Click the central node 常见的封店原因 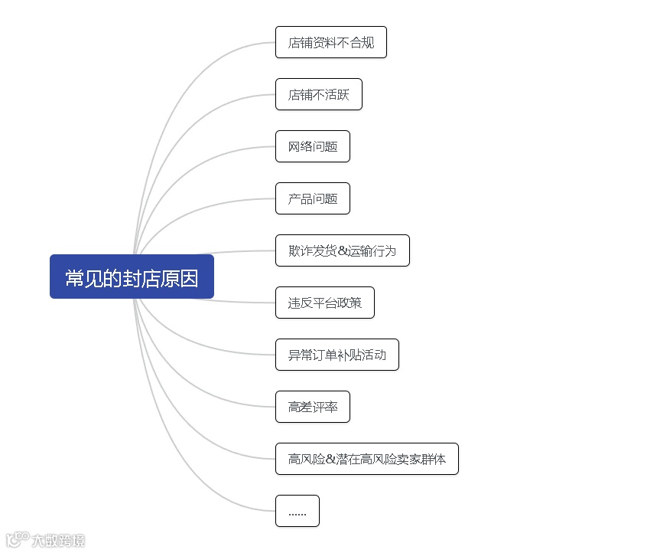pos(132,276)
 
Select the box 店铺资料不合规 pos(330,42)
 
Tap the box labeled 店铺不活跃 pos(318,94)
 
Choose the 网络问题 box pos(312,146)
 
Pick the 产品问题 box pos(312,198)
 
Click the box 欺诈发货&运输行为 pos(342,250)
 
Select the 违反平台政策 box pos(324,303)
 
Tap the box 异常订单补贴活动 pos(337,355)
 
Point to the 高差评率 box pos(312,407)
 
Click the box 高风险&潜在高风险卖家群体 pos(366,459)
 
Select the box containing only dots pos(297,511)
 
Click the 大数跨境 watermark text pos(58,541)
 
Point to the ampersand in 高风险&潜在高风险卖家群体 pos(330,460)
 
